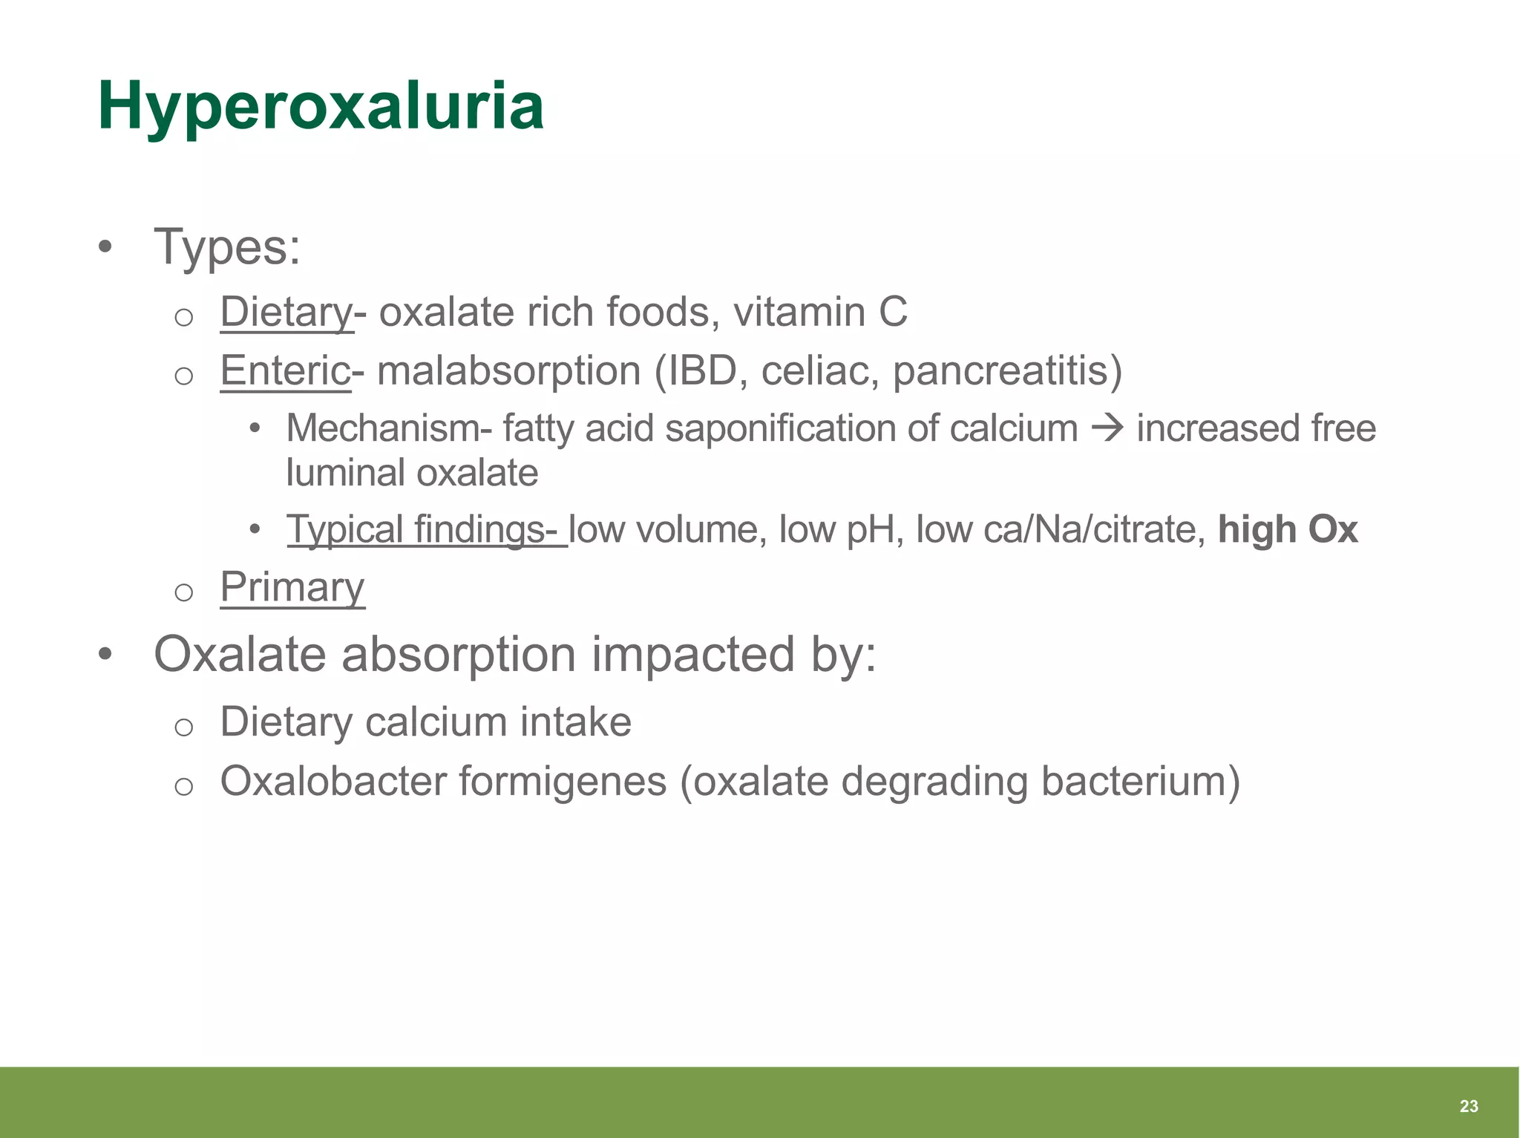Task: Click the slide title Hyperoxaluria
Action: point(321,108)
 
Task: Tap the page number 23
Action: point(1468,1106)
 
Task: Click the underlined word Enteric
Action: point(285,370)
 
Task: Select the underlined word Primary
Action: point(292,587)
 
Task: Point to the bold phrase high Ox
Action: point(1288,530)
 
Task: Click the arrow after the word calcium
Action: point(1107,428)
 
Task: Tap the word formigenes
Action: point(563,782)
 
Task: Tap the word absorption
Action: point(458,655)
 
